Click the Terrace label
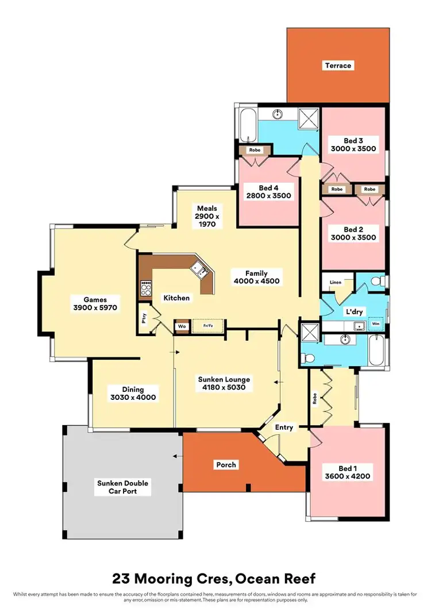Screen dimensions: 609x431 (x=337, y=65)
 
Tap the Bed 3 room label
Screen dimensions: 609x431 (x=353, y=140)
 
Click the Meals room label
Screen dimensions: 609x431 (x=207, y=208)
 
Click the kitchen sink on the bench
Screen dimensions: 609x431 (x=199, y=268)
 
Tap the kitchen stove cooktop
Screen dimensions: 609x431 (x=146, y=287)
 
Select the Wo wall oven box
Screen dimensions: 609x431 (x=182, y=326)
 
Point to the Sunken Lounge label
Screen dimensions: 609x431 (x=224, y=380)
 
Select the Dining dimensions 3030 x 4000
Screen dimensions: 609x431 (x=133, y=397)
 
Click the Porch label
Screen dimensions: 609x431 (x=226, y=465)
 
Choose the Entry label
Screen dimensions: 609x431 (x=284, y=427)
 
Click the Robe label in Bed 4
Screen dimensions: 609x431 (x=255, y=150)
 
